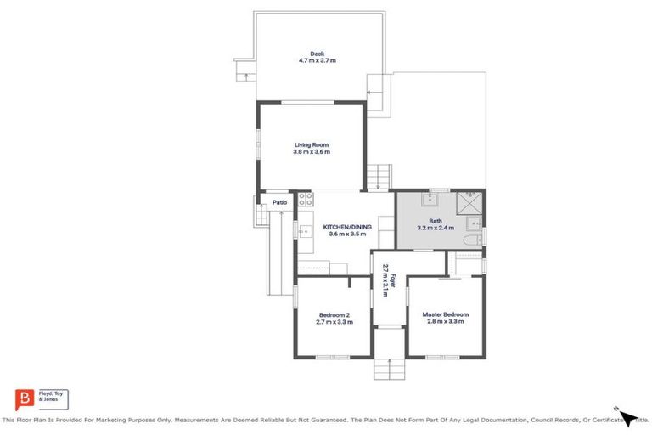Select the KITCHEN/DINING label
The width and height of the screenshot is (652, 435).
click(x=346, y=227)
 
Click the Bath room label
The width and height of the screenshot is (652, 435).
click(x=436, y=221)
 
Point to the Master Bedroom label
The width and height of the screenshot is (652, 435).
click(x=445, y=314)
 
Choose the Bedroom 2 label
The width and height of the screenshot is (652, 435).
click(x=333, y=314)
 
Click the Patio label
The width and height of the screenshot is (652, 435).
click(x=279, y=202)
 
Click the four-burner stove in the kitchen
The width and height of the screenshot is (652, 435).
click(x=306, y=201)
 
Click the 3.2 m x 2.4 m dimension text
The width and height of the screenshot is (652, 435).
click(x=436, y=228)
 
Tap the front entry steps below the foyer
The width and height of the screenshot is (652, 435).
click(x=389, y=368)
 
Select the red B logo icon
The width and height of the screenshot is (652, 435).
click(x=24, y=398)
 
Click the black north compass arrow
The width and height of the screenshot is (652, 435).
click(x=627, y=416)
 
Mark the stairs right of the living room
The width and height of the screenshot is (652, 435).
click(x=378, y=176)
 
